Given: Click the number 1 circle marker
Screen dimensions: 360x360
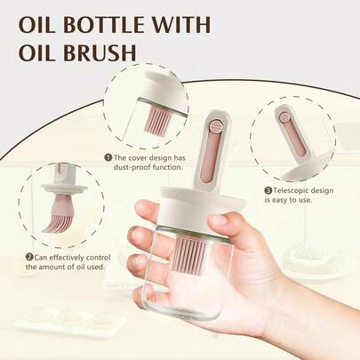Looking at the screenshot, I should tap(108, 157).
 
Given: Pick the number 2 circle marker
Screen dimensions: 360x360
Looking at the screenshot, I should tap(28, 258).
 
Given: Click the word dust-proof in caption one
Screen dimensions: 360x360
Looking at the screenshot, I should tap(132, 167).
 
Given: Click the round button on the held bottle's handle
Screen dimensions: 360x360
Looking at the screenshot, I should tap(213, 127).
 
